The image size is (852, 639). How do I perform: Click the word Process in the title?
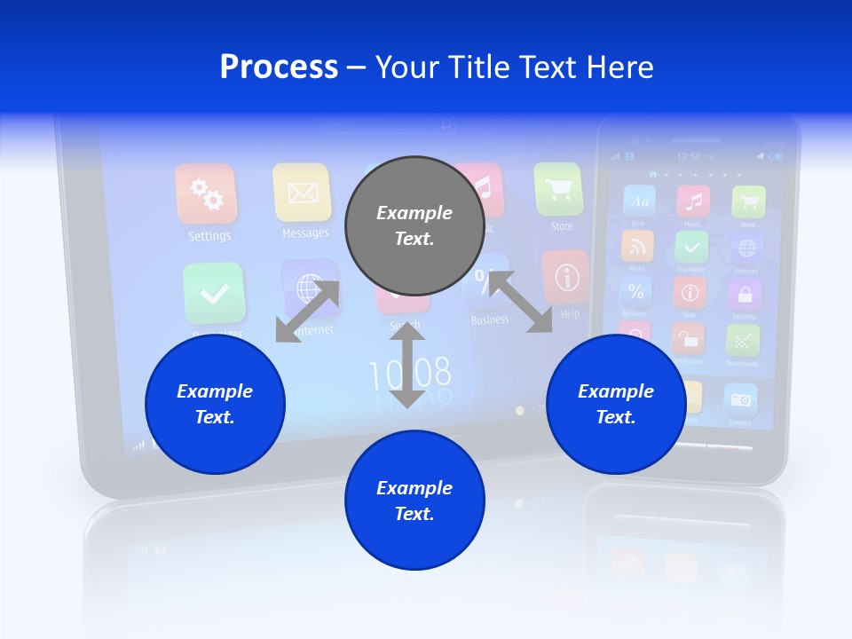pos(279,67)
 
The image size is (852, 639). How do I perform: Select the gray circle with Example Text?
pos(414,225)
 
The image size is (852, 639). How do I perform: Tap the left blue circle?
pos(215,404)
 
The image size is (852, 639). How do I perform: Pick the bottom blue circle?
pos(414,501)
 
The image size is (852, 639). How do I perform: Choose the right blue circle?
pos(616,404)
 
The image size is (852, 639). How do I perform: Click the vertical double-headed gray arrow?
pos(407,366)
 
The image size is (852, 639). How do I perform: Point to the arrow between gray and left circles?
pos(308,311)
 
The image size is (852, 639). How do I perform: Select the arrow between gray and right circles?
pos(520,302)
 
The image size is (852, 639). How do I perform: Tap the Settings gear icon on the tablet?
pos(206,194)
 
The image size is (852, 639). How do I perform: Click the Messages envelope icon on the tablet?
pos(302,192)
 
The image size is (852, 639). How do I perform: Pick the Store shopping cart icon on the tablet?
pos(559,189)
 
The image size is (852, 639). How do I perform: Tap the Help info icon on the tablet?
pos(565,277)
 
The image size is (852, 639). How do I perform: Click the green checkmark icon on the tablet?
pos(214,294)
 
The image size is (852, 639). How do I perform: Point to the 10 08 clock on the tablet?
pos(409,375)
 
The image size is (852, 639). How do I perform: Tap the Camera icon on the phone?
pos(740,400)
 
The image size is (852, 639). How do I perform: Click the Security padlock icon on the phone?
pos(744,293)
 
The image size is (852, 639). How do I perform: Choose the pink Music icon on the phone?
pos(693,201)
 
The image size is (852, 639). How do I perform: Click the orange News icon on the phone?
pos(637,246)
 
